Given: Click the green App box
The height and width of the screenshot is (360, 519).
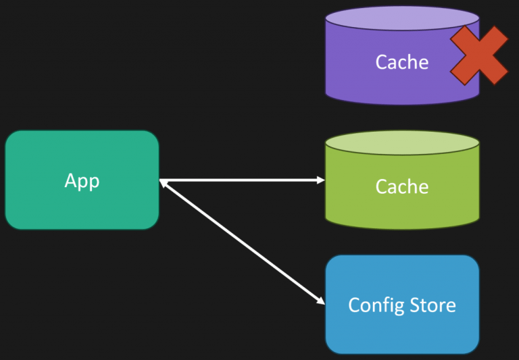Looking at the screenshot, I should pyautogui.click(x=82, y=203).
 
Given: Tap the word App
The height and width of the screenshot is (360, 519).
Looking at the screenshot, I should pyautogui.click(x=82, y=181).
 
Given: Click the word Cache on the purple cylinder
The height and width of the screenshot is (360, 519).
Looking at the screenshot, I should pyautogui.click(x=402, y=62).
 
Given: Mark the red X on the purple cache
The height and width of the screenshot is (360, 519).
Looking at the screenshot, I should pyautogui.click(x=479, y=55).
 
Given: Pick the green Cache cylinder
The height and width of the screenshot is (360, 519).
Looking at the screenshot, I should pyautogui.click(x=402, y=203).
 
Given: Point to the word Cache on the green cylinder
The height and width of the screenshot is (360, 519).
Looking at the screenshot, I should pyautogui.click(x=402, y=186).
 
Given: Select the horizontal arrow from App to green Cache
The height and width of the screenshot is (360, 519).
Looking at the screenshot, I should pyautogui.click(x=243, y=180).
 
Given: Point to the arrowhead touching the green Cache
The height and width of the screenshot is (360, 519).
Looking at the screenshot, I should pyautogui.click(x=320, y=180).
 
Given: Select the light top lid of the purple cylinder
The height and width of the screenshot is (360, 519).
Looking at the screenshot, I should pyautogui.click(x=402, y=18).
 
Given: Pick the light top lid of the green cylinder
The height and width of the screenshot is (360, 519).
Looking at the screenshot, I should pyautogui.click(x=402, y=143).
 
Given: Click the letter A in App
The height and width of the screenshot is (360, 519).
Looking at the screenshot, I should pyautogui.click(x=71, y=181).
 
